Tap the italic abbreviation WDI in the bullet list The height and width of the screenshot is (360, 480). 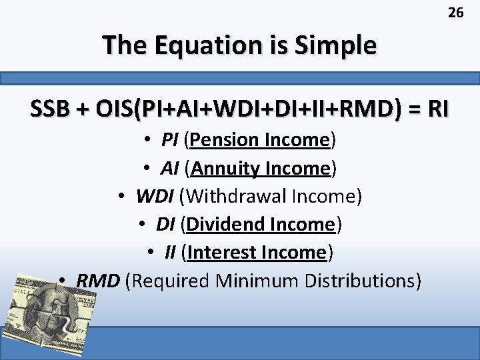(155, 197)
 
